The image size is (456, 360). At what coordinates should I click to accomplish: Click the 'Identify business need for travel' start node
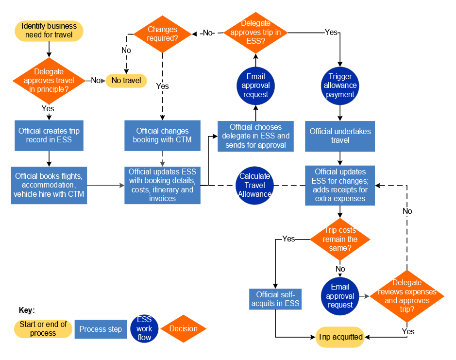click(49, 30)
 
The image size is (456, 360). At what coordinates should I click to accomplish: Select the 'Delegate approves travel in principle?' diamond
click(49, 80)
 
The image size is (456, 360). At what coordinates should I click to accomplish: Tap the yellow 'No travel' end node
click(126, 80)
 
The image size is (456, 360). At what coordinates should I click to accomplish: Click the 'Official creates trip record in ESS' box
click(49, 136)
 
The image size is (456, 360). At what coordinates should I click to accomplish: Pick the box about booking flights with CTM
click(49, 185)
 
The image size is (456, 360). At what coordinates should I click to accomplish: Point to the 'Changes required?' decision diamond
click(163, 34)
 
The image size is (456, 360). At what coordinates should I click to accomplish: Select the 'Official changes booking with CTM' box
click(162, 136)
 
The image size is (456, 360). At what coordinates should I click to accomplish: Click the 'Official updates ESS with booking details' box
click(162, 185)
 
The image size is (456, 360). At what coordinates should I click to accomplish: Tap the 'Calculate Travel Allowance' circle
click(254, 185)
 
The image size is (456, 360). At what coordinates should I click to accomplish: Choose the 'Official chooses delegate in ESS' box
click(255, 136)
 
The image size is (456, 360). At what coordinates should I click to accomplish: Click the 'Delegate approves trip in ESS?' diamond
click(255, 33)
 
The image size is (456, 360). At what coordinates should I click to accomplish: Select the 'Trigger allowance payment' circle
click(340, 86)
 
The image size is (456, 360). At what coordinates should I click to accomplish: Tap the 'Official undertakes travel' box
click(340, 136)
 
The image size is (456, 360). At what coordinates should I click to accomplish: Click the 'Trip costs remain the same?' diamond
click(340, 239)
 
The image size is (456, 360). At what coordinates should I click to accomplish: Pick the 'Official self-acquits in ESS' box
click(275, 299)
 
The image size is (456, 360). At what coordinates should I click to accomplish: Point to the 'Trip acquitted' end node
click(340, 337)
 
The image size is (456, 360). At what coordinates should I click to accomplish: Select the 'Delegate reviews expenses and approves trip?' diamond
click(407, 296)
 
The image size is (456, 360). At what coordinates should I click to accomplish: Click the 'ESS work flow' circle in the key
click(144, 329)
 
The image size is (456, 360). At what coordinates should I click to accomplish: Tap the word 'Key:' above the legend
click(27, 310)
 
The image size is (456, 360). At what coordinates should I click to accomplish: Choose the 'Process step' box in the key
click(101, 329)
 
